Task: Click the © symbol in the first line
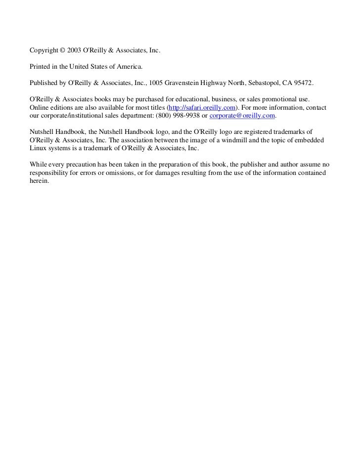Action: click(x=62, y=50)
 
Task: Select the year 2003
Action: click(x=75, y=50)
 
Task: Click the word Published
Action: click(x=44, y=82)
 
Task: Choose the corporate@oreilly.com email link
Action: click(x=242, y=116)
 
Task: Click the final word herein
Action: click(x=39, y=180)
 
